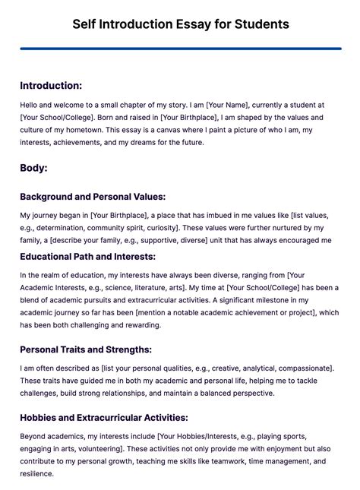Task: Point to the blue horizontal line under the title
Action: [180, 49]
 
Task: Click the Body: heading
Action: [33, 167]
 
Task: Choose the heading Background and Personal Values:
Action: [93, 197]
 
